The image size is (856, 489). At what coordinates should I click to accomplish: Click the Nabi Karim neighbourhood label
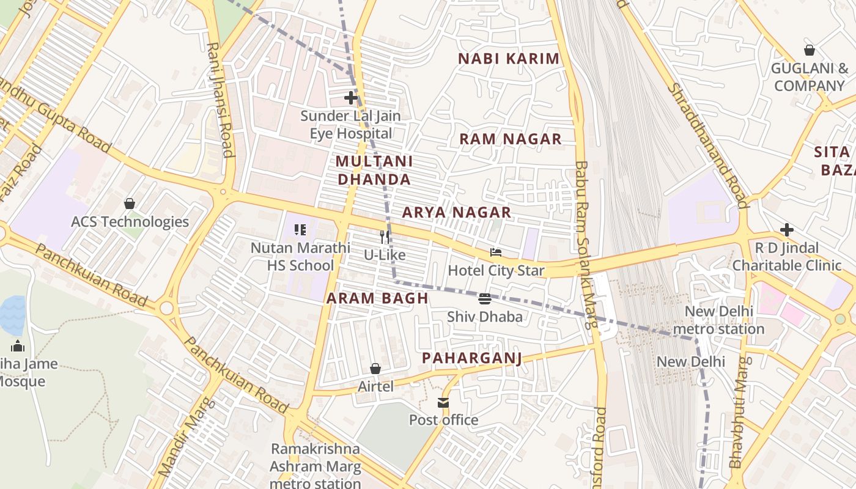[x=509, y=59]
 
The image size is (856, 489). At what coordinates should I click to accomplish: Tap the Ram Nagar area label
[x=510, y=139]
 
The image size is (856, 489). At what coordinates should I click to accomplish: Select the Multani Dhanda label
[x=374, y=171]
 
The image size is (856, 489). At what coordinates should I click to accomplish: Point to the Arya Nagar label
[x=456, y=213]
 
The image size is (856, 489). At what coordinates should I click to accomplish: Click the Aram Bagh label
[x=377, y=298]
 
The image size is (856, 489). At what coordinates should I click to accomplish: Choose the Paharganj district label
[x=472, y=358]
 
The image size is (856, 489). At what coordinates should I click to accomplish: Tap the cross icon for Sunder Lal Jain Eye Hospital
[x=350, y=98]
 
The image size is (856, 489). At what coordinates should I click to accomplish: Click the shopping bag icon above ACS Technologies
[x=129, y=204]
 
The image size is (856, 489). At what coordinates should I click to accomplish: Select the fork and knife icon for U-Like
[x=385, y=237]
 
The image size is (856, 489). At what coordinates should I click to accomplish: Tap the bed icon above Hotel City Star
[x=496, y=252]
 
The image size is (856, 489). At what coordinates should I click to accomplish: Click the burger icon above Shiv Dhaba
[x=485, y=299]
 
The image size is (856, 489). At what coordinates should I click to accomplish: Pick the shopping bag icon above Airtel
[x=375, y=369]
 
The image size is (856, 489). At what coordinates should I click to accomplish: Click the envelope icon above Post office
[x=443, y=403]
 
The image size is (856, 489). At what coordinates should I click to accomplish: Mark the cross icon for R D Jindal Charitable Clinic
[x=787, y=230]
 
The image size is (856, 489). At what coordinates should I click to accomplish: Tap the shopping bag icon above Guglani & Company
[x=809, y=50]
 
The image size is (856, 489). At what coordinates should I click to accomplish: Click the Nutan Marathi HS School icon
[x=300, y=230]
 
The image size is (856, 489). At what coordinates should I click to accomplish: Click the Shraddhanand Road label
[x=707, y=145]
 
